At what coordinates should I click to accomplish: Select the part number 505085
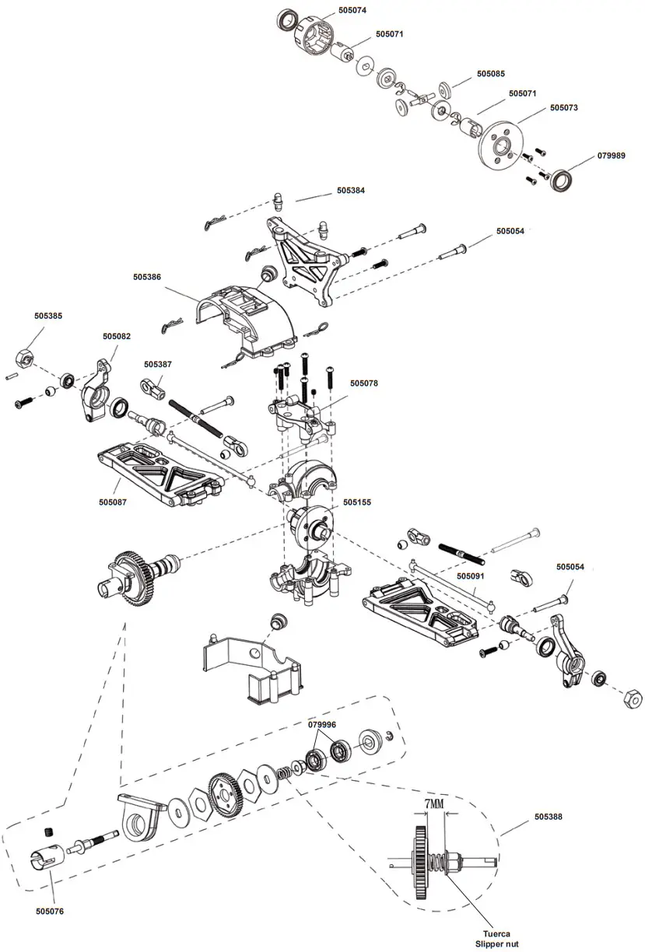[491, 74]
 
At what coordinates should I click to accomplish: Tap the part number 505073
[564, 108]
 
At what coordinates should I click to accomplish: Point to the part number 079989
[611, 155]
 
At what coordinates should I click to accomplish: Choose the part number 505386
[147, 276]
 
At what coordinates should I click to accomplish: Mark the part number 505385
[48, 317]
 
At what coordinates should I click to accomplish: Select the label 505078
[364, 383]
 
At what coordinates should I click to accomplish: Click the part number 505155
[357, 502]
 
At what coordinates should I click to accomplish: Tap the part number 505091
[471, 576]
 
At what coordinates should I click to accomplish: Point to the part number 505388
[549, 817]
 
